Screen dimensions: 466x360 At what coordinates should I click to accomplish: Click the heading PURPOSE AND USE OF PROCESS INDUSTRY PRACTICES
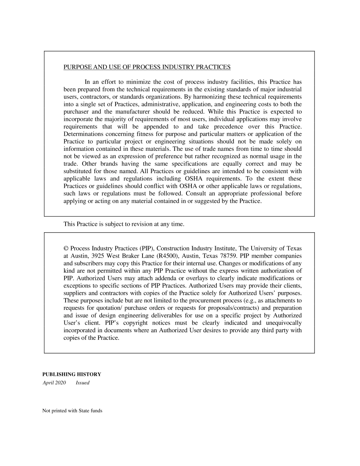pyautogui.click(x=147, y=67)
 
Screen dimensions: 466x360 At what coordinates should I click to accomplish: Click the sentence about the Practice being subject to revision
pyautogui.click(x=124, y=224)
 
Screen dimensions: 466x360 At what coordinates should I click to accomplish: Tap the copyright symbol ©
pyautogui.click(x=66, y=249)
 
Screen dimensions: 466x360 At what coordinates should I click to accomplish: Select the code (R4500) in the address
pyautogui.click(x=167, y=256)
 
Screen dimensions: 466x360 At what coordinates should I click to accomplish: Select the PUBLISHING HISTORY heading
pyautogui.click(x=72, y=374)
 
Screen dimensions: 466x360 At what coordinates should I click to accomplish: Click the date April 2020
pyautogui.click(x=54, y=383)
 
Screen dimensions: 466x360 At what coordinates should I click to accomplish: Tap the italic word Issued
pyautogui.click(x=83, y=383)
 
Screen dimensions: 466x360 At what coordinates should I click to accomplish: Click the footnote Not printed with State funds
pyautogui.click(x=72, y=411)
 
